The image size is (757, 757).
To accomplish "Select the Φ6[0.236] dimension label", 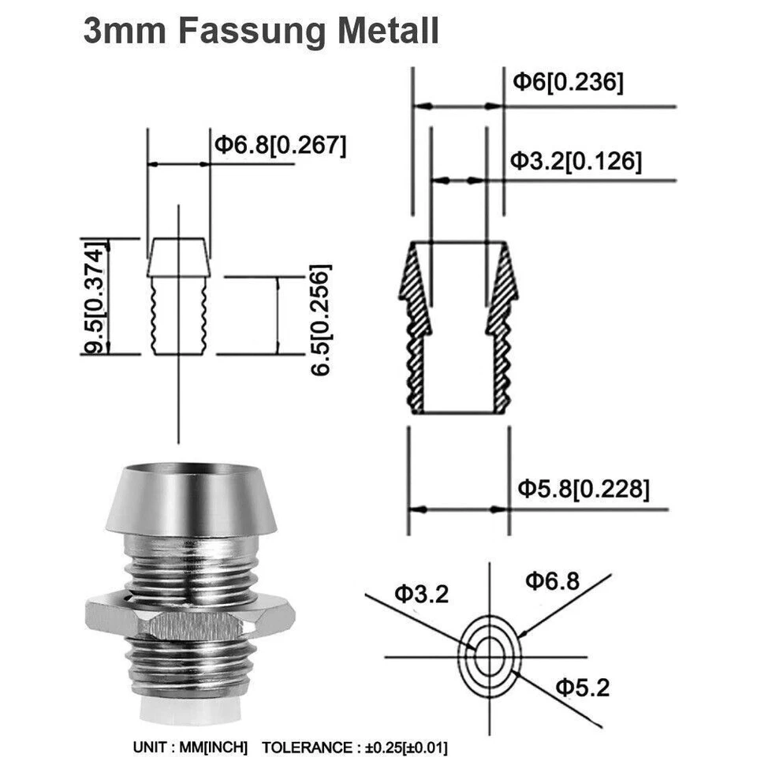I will (x=568, y=82).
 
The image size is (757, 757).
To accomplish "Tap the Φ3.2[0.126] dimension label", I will (x=576, y=161).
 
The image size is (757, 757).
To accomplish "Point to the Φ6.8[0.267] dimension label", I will (x=280, y=145).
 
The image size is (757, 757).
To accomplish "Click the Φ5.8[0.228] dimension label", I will (x=584, y=489).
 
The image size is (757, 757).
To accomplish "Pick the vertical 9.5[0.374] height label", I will (x=95, y=296).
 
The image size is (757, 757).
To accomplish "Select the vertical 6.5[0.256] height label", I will (x=321, y=319).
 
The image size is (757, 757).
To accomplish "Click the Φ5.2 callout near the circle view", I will (x=582, y=688).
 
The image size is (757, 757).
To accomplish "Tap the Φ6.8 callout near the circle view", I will (x=552, y=582).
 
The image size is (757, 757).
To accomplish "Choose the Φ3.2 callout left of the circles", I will (x=421, y=594).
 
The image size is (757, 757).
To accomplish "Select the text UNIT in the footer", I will (x=149, y=747).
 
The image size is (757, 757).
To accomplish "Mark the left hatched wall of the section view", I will (x=417, y=331).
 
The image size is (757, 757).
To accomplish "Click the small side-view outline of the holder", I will (x=180, y=300).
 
